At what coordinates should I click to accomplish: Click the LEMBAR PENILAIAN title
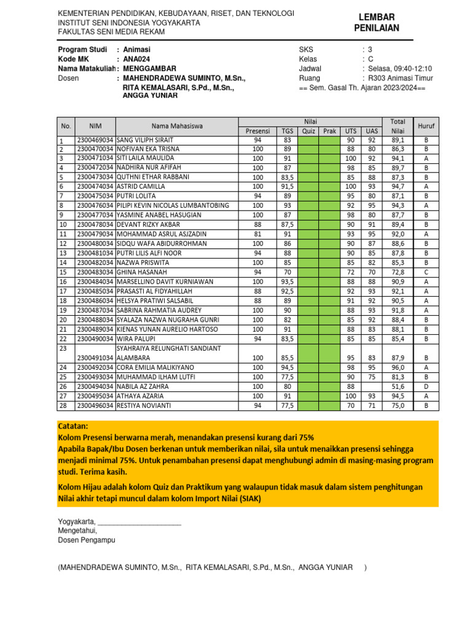(x=376, y=23)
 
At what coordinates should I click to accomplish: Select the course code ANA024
(x=136, y=59)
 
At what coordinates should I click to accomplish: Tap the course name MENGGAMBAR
(x=150, y=69)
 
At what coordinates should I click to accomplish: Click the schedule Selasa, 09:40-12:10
(x=399, y=69)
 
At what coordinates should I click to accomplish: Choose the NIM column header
(x=95, y=126)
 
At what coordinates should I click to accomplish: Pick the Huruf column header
(x=426, y=126)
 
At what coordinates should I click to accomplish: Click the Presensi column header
(x=258, y=131)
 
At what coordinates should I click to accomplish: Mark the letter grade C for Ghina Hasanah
(x=426, y=272)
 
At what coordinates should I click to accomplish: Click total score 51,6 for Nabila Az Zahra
(x=398, y=387)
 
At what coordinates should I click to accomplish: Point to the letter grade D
(x=426, y=387)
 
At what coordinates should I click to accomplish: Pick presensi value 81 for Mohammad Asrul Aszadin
(x=258, y=234)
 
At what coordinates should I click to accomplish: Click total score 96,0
(x=398, y=368)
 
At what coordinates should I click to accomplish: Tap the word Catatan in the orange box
(x=73, y=426)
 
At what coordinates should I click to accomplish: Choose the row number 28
(x=62, y=406)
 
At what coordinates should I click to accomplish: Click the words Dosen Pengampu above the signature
(x=86, y=541)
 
